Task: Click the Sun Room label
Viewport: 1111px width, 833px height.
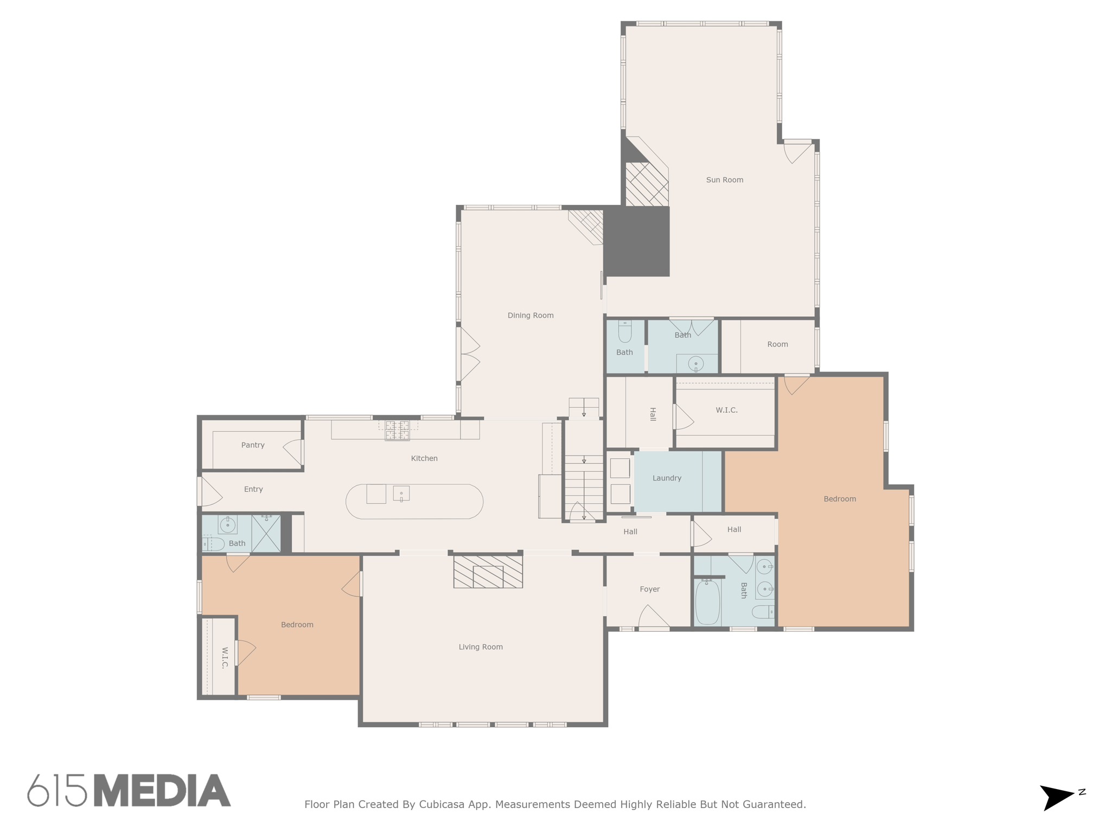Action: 724,180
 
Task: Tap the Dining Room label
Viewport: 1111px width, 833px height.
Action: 530,315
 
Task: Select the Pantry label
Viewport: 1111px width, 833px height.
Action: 253,445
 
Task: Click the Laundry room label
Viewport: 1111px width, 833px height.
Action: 667,478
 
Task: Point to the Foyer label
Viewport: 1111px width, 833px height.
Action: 649,589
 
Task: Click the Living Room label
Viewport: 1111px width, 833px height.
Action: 481,646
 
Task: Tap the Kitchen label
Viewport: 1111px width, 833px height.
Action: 424,458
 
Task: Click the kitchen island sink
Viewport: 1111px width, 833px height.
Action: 401,494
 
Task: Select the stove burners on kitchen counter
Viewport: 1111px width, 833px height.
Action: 397,430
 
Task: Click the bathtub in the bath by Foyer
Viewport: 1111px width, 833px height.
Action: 707,602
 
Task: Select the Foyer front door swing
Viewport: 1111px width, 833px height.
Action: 653,617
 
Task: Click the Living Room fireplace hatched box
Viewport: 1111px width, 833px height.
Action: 488,572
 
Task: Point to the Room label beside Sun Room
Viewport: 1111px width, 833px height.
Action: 777,344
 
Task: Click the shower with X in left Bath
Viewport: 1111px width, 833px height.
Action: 266,534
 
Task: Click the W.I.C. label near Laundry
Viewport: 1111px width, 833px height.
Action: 726,410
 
